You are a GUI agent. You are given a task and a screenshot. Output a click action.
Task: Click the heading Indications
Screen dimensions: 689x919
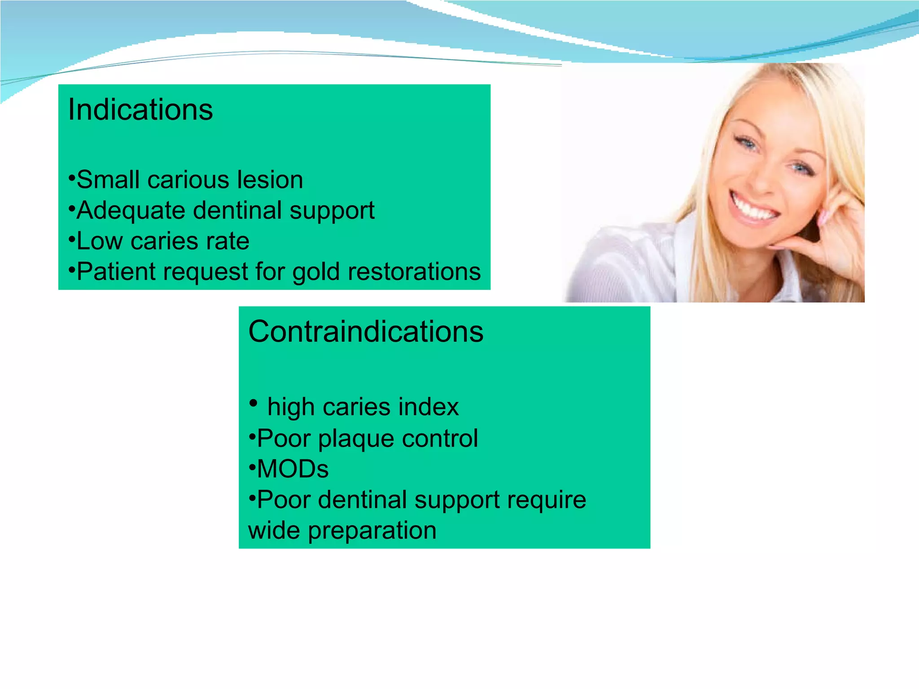tap(140, 110)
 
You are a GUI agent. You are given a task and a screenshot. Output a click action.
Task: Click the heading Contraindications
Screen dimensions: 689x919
tap(366, 332)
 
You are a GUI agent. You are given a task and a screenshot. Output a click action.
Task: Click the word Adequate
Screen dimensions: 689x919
tap(131, 211)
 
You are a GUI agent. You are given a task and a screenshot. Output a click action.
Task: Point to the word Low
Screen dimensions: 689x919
tap(99, 241)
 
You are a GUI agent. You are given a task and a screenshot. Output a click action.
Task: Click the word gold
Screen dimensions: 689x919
tap(316, 272)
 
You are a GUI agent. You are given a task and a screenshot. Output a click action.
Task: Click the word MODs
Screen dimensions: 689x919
tap(293, 469)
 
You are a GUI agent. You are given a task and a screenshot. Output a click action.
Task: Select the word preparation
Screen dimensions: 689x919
tap(372, 531)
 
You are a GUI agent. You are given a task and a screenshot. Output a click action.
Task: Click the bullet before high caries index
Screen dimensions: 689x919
tap(254, 403)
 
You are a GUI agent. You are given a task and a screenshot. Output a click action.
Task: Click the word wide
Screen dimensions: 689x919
tap(274, 531)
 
